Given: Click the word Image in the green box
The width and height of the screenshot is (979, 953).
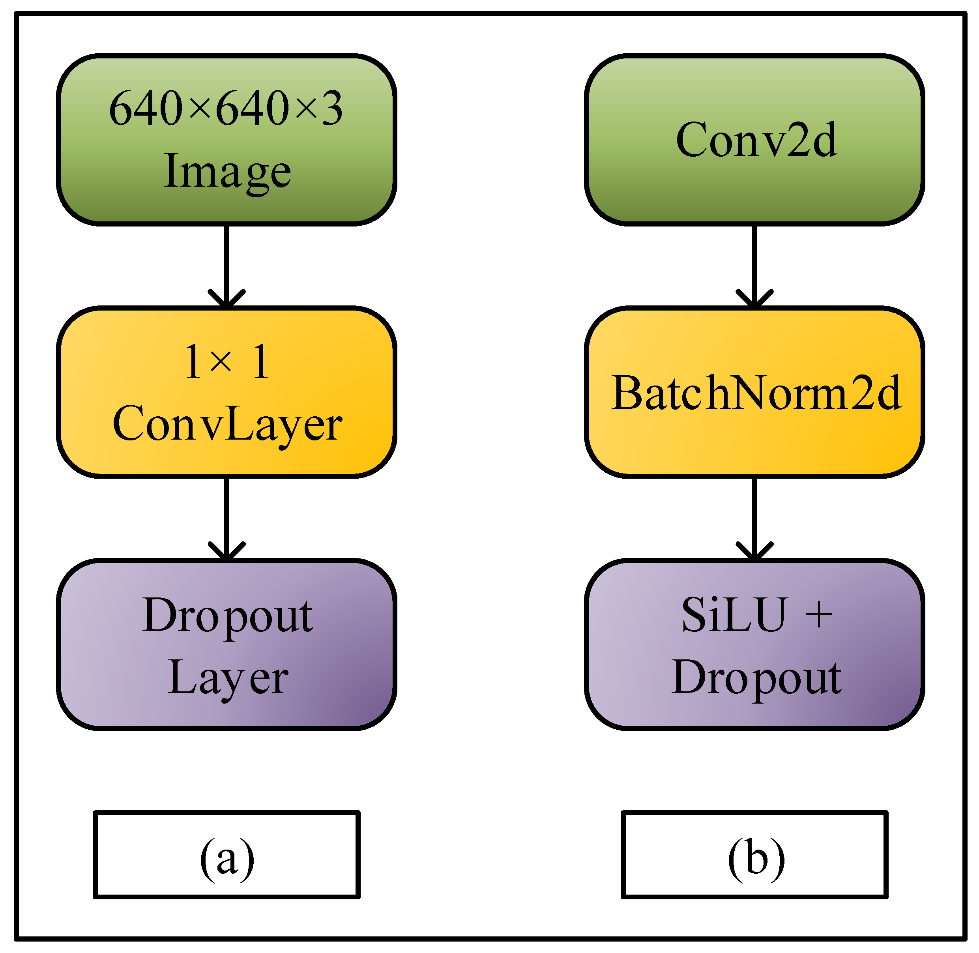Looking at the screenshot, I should click(227, 171).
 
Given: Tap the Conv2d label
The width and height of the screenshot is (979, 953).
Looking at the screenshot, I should click(755, 140).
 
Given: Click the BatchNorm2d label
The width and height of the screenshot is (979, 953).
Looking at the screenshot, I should click(755, 393).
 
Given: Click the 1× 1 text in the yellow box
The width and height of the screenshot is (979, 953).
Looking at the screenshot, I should click(227, 361).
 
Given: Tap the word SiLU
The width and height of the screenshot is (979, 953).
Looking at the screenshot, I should click(733, 615).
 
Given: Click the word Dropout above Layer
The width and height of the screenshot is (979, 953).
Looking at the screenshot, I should click(227, 616).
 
